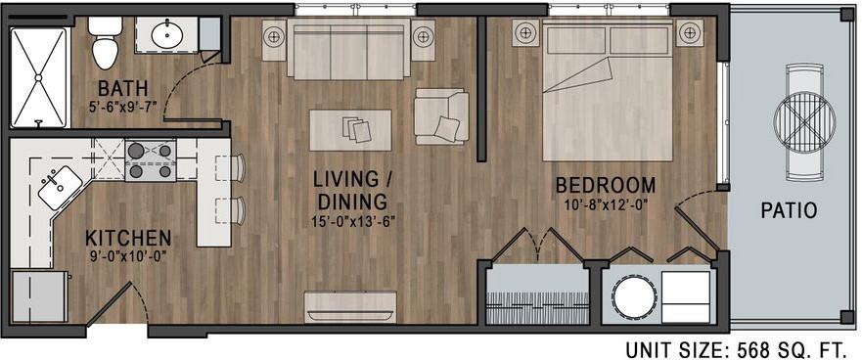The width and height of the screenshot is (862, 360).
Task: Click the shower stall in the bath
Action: [x=39, y=75]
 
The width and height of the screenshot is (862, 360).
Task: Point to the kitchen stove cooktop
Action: [x=150, y=161]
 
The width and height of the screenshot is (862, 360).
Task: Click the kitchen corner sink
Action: [x=61, y=186]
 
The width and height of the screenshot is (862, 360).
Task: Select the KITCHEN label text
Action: [x=128, y=238]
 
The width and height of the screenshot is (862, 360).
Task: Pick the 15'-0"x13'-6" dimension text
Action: [x=353, y=221]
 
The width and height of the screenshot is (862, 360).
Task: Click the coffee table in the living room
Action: [x=350, y=129]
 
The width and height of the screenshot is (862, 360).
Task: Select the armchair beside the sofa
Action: [x=439, y=115]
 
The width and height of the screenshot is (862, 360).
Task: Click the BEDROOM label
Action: [x=606, y=185]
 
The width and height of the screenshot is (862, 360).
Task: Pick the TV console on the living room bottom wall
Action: [x=351, y=305]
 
